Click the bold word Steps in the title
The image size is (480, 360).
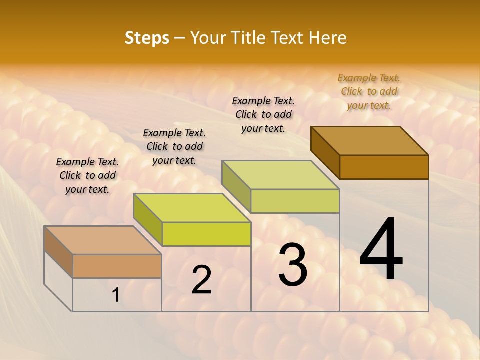(147, 38)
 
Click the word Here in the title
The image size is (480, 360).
(327, 38)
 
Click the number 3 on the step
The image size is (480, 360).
(293, 265)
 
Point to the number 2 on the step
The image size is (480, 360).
(201, 280)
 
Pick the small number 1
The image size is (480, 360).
(115, 295)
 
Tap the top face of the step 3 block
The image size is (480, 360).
(281, 175)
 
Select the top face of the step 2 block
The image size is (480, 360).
(192, 208)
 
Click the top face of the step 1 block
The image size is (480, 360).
(103, 240)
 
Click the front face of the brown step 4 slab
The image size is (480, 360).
(384, 167)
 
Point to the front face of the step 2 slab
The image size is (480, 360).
(206, 234)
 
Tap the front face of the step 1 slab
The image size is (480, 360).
(117, 266)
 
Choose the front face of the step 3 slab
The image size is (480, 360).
(295, 201)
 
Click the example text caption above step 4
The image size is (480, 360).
(369, 91)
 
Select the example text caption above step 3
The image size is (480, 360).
(263, 114)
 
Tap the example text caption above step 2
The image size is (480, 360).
(174, 146)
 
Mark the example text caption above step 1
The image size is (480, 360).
(87, 175)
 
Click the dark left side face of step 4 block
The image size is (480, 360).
(325, 152)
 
